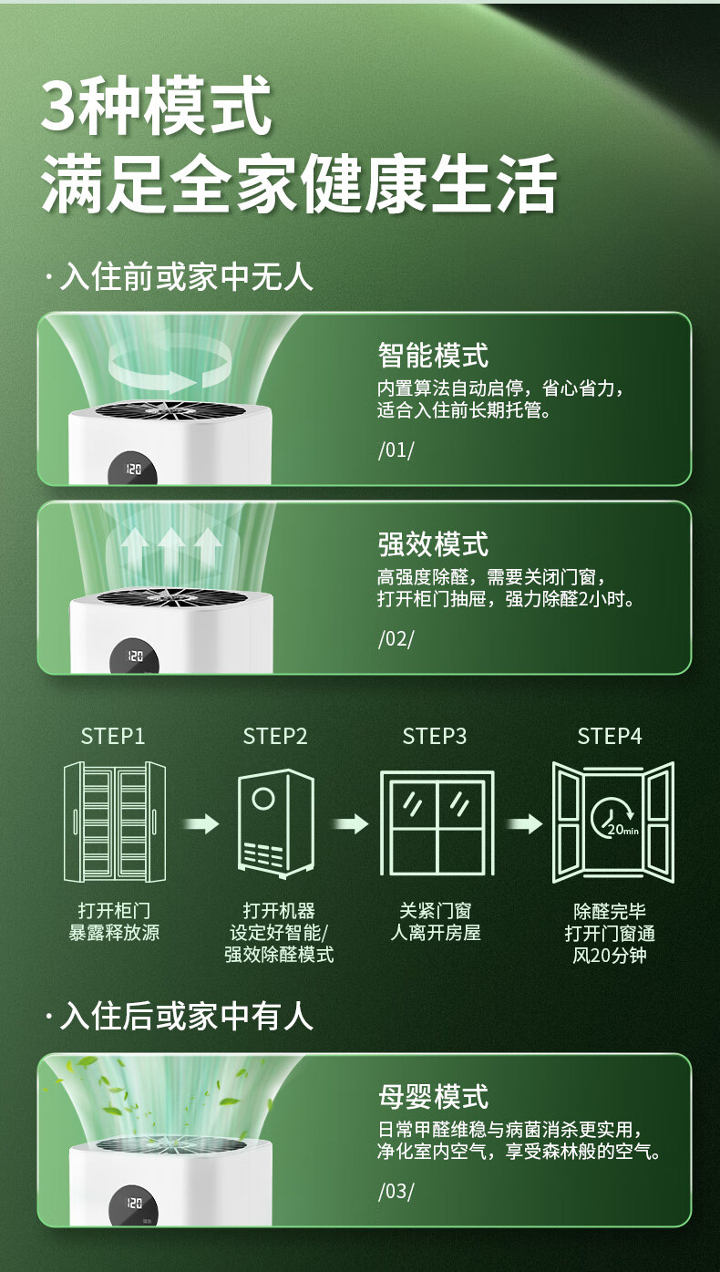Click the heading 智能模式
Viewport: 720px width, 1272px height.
tap(433, 356)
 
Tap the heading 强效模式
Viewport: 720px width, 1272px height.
tap(433, 544)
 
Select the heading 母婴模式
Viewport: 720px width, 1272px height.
tap(433, 1097)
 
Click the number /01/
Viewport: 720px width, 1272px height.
tap(396, 450)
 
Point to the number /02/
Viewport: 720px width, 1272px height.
tap(396, 638)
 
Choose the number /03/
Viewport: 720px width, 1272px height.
tap(396, 1191)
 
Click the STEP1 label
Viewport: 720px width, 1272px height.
tap(113, 736)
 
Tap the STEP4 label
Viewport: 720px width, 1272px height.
tap(610, 736)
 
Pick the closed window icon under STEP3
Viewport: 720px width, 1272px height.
tap(437, 823)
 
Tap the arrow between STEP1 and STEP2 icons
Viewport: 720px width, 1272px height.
tap(201, 824)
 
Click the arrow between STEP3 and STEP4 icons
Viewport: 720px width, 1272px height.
tap(524, 824)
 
